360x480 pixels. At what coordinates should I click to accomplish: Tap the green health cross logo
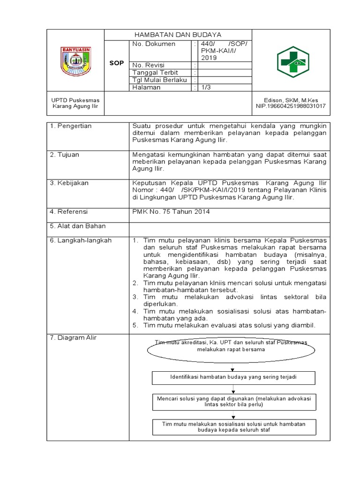click(292, 61)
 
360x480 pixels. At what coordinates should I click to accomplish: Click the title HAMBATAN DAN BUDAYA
click(178, 35)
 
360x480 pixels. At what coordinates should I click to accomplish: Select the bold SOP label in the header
click(116, 62)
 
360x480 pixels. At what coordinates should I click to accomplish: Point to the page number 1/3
click(206, 87)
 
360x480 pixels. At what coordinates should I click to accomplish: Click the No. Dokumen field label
click(154, 44)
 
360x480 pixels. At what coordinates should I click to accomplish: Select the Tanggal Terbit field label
click(156, 73)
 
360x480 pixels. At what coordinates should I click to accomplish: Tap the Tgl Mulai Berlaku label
click(160, 80)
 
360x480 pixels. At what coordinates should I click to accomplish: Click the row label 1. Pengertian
click(71, 126)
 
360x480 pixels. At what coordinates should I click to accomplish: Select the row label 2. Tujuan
click(65, 155)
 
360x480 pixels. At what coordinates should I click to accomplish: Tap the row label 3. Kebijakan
click(69, 183)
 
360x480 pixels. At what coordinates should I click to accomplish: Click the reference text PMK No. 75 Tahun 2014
click(171, 212)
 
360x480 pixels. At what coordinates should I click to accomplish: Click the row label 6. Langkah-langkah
click(81, 240)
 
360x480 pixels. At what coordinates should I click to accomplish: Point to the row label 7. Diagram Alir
click(73, 338)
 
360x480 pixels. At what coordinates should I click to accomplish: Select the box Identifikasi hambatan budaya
click(233, 377)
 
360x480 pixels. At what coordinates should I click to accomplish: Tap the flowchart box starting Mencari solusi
click(233, 401)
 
